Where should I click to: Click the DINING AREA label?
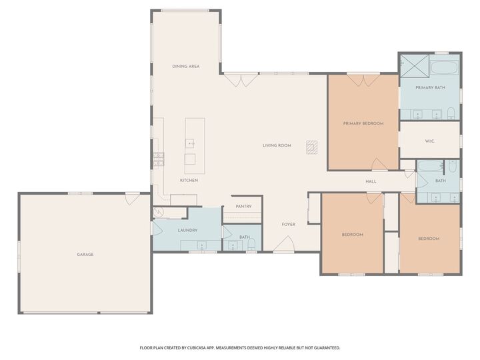tap(186, 67)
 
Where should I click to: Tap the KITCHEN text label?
tap(189, 181)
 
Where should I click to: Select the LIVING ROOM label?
tap(277, 145)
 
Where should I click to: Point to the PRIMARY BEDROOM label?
tap(363, 123)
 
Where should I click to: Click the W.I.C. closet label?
tap(430, 141)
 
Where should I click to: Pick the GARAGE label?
tap(85, 255)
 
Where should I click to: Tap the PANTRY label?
tap(243, 207)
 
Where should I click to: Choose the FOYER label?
tap(288, 225)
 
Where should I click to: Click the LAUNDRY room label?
tap(187, 231)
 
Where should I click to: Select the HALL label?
tap(371, 181)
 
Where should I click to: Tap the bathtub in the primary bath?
tap(443, 67)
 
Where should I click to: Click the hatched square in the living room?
tap(312, 146)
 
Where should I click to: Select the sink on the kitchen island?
tap(190, 142)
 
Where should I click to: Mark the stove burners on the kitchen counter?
tap(159, 158)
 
